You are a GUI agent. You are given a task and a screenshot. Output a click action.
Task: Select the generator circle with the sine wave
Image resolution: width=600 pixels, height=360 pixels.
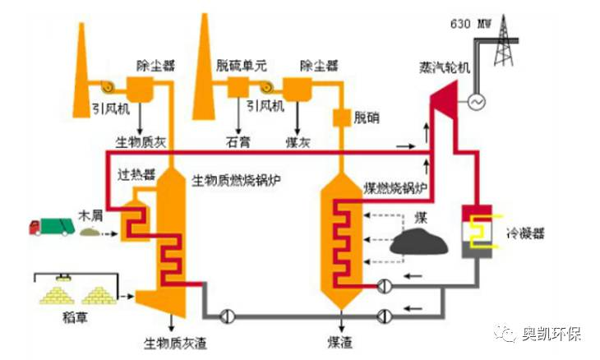475,102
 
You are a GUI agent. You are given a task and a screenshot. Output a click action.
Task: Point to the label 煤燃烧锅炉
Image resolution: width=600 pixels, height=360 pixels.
396,188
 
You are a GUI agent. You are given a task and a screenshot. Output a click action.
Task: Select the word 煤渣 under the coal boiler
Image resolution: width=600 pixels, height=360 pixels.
338,339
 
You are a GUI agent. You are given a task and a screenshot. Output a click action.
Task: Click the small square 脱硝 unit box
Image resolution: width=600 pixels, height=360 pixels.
340,118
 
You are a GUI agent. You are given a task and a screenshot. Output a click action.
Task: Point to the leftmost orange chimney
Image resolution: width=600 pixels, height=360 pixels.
83,62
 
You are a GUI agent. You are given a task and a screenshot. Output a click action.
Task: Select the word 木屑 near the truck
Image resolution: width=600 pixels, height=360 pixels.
90,215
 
